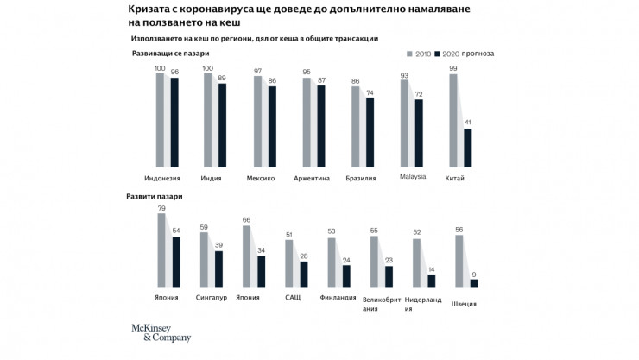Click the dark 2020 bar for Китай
point(468,148)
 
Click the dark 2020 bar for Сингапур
point(218,269)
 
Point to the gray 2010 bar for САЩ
point(289,262)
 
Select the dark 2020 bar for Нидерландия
point(432,281)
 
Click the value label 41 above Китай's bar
point(468,123)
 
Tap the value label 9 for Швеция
point(473,274)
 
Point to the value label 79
point(161,208)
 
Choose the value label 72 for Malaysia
point(419,93)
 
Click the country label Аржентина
point(312,179)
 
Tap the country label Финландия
point(338,298)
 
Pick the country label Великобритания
point(380,303)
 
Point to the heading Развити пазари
point(155,197)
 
